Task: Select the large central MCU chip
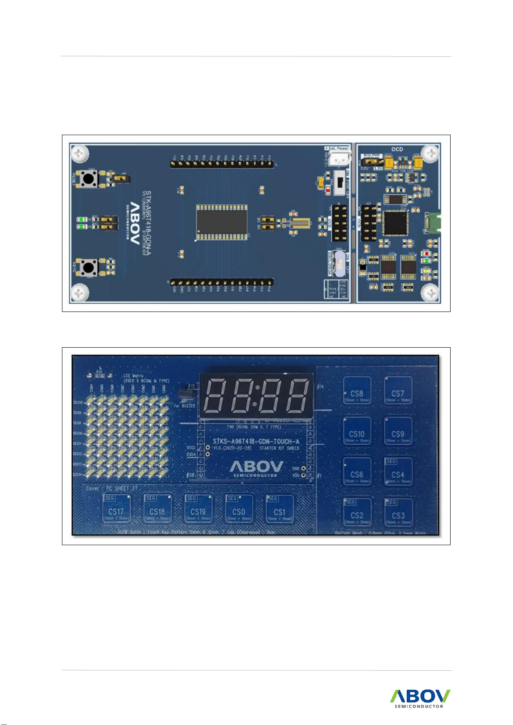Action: [x=222, y=222]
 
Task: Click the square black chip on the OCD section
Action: [x=395, y=223]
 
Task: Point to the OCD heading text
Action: [x=397, y=149]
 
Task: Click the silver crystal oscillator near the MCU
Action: [x=299, y=224]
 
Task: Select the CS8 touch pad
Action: [x=357, y=391]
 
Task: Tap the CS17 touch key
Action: [x=116, y=509]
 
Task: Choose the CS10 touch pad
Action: [x=357, y=432]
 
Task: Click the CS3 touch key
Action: [x=398, y=513]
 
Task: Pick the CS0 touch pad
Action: [x=239, y=510]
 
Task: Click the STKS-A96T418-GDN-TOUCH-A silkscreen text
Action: [x=256, y=441]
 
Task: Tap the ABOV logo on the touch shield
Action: [x=256, y=467]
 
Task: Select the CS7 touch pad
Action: [x=398, y=391]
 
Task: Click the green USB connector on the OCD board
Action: [x=433, y=222]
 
